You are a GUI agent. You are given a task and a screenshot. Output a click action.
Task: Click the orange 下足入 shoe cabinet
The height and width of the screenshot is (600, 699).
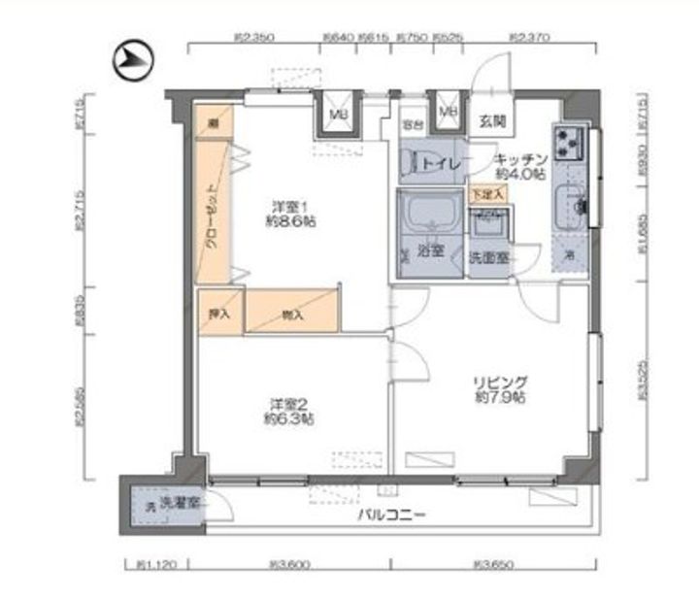tap(487, 194)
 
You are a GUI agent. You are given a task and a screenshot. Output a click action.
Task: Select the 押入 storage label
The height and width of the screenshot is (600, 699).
tap(219, 314)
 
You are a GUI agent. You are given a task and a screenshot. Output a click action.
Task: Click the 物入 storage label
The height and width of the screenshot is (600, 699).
tap(291, 314)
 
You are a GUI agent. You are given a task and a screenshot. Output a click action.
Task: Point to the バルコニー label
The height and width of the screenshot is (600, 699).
tap(391, 515)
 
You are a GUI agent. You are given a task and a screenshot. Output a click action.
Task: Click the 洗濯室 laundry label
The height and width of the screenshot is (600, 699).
tap(180, 504)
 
